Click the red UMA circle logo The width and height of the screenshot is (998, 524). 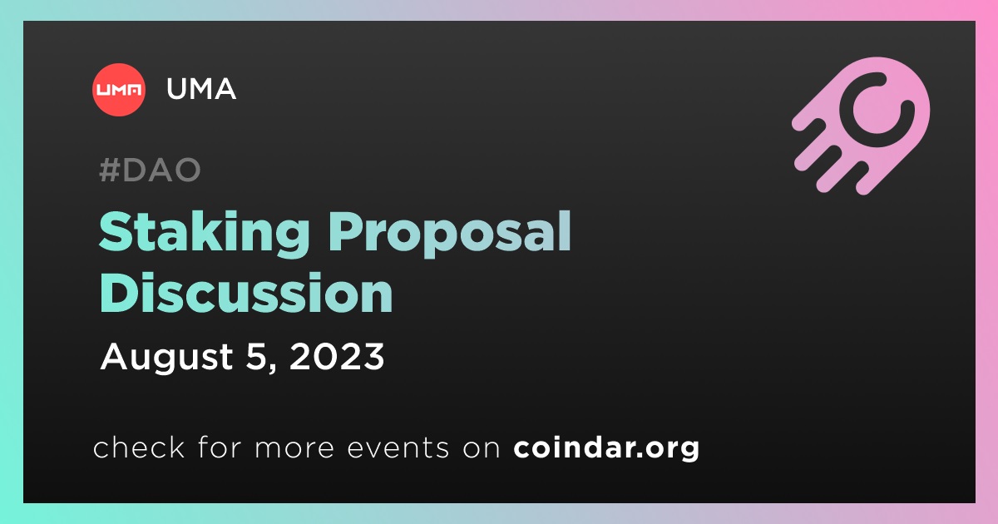pyautogui.click(x=118, y=90)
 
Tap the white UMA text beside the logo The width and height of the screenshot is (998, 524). pyautogui.click(x=201, y=89)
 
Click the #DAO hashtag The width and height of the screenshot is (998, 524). pyautogui.click(x=151, y=170)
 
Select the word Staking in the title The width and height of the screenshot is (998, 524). pyautogui.click(x=204, y=235)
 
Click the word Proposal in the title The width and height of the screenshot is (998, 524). pyautogui.click(x=450, y=235)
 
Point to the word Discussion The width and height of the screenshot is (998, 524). pyautogui.click(x=246, y=292)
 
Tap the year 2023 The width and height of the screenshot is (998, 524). pyautogui.click(x=337, y=357)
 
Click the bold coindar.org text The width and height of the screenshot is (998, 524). pyautogui.click(x=606, y=447)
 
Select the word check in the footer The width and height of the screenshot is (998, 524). pyautogui.click(x=139, y=447)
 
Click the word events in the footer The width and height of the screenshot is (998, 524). pyautogui.click(x=398, y=447)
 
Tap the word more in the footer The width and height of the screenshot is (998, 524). pyautogui.click(x=294, y=448)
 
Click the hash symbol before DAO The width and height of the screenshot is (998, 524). pyautogui.click(x=110, y=170)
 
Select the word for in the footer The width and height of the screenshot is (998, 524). pyautogui.click(x=220, y=447)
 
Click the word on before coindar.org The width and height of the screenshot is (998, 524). pyautogui.click(x=482, y=448)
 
